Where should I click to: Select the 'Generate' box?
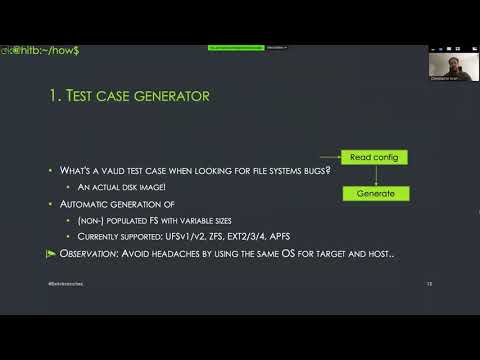pos(375,193)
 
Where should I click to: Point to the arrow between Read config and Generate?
pos(375,175)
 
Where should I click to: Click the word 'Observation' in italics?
pos(88,254)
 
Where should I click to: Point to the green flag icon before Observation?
pos(52,254)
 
